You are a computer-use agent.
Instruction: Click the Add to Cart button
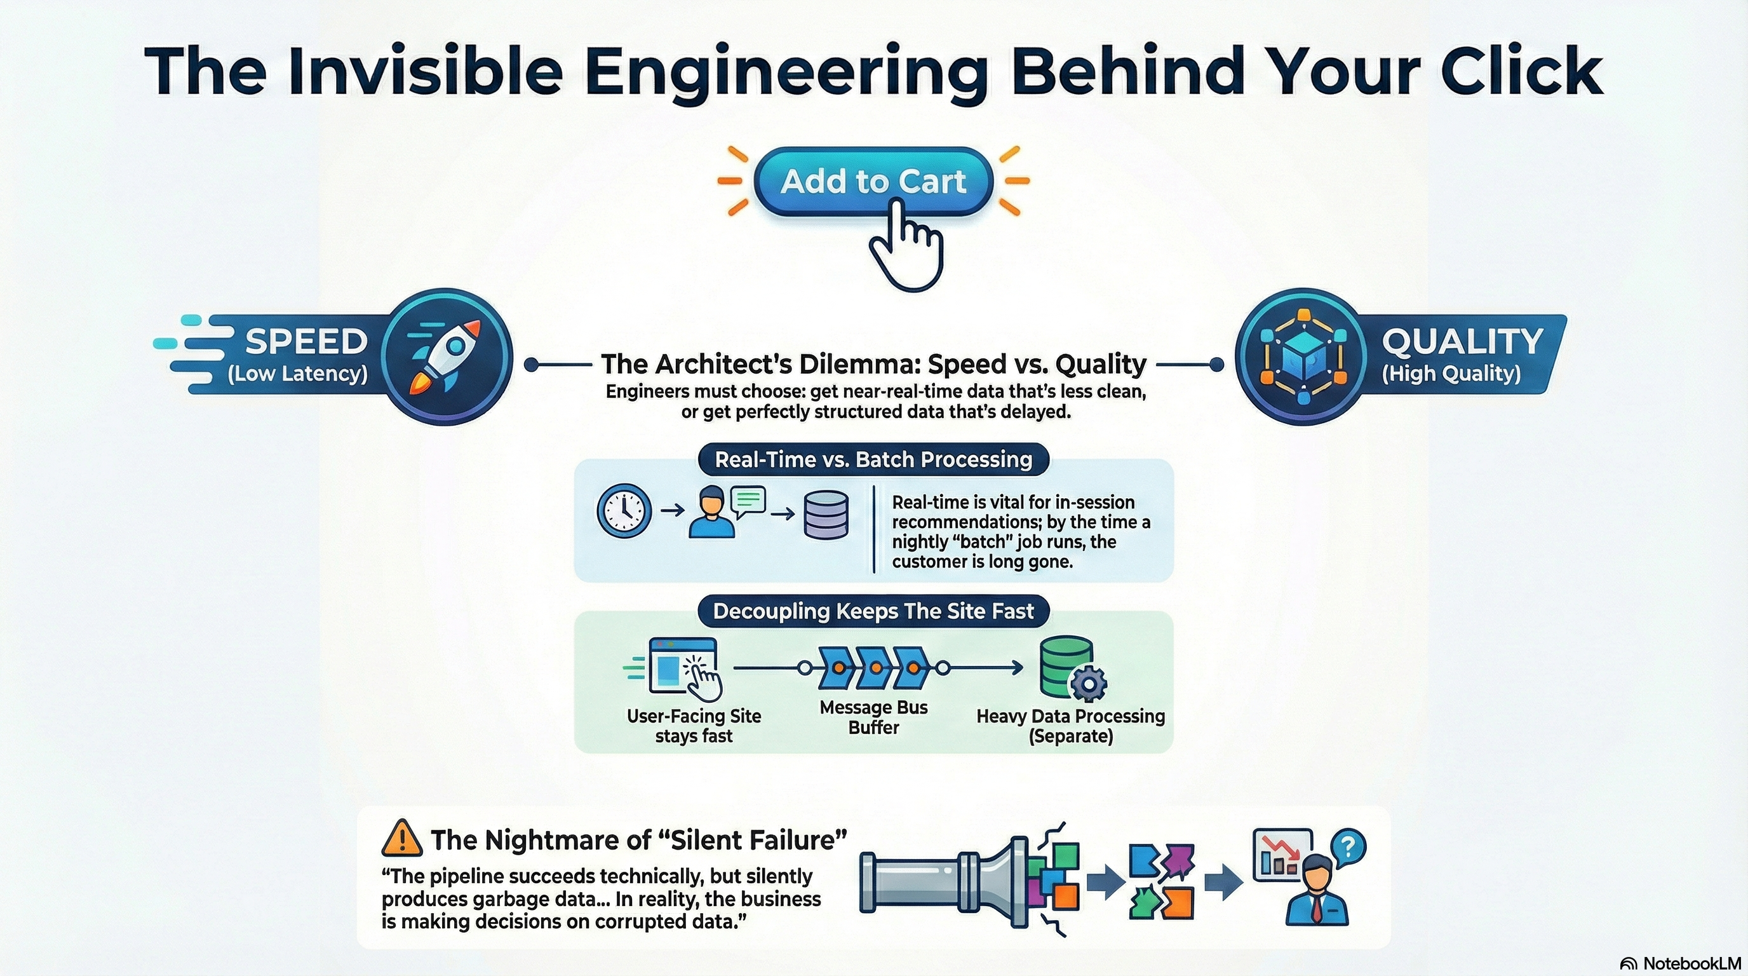tap(873, 180)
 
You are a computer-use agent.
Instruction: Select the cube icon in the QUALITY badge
tap(1302, 356)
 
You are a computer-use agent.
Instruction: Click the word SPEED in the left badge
tap(306, 341)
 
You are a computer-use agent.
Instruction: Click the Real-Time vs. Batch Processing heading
tap(873, 459)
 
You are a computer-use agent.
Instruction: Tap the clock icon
tap(624, 511)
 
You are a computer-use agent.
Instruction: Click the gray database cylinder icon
tap(826, 515)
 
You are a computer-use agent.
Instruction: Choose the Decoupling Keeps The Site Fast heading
tap(873, 611)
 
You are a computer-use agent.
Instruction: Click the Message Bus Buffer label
tap(873, 717)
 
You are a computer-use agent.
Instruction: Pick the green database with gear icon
tap(1070, 669)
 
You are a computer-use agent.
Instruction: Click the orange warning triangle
tap(403, 839)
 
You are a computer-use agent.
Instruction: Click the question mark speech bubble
tap(1348, 848)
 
